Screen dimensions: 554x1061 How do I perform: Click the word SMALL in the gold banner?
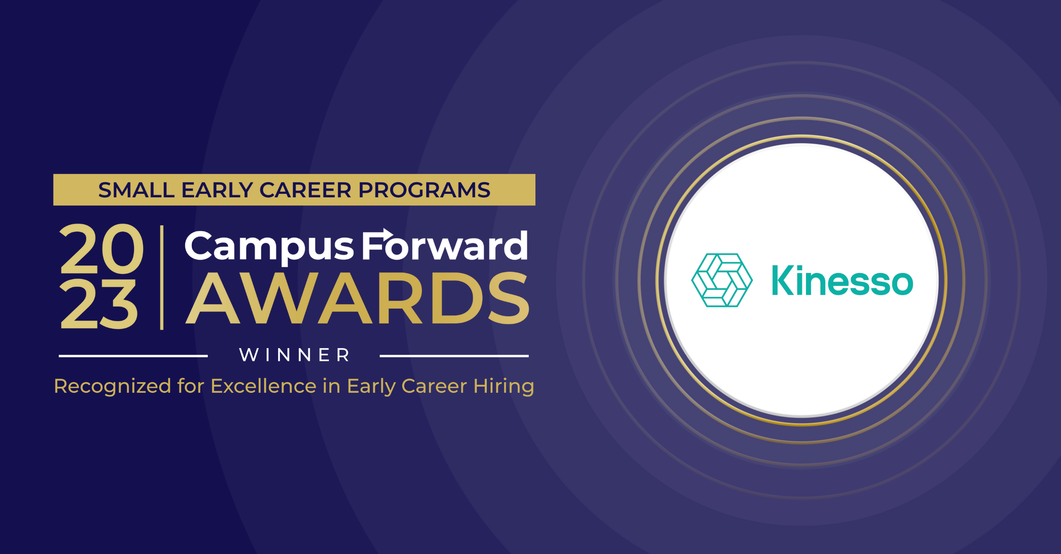136,190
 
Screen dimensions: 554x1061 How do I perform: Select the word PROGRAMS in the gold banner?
424,190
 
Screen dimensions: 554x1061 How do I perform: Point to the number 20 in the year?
102,249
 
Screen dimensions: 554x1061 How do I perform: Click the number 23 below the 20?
99,305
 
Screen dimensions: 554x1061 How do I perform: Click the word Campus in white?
269,247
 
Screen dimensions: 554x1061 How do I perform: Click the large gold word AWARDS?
357,299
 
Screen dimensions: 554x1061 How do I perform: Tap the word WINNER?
294,355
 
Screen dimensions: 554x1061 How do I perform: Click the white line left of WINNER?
133,356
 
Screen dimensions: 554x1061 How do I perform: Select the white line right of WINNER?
454,356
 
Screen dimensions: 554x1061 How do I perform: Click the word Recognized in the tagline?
112,386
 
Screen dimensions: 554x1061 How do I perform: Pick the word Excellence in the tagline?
263,386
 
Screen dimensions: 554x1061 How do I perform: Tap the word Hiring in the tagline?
504,386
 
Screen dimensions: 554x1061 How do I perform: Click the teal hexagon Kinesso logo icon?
721,280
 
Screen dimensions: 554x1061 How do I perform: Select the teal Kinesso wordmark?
842,281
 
